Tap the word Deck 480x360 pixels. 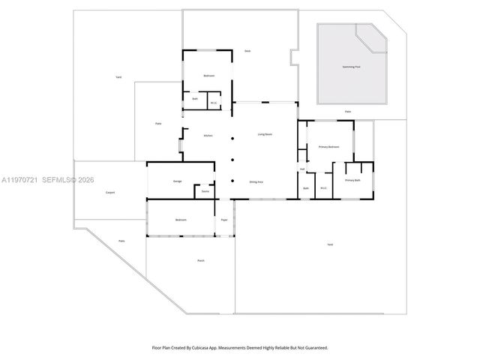click(247, 51)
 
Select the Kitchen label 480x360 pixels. click(208, 135)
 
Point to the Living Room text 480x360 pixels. click(265, 134)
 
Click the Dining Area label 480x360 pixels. click(256, 181)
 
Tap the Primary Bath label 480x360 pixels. click(352, 181)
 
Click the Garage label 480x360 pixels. click(178, 181)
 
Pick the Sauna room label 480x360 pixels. click(205, 192)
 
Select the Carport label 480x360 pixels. click(109, 193)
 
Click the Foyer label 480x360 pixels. click(223, 220)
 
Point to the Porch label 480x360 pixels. click(201, 260)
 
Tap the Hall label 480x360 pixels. click(302, 169)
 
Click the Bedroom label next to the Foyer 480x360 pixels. click(181, 220)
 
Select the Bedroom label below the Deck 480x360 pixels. click(209, 76)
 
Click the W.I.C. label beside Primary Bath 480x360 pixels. click(323, 187)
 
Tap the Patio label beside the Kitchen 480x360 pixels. click(158, 123)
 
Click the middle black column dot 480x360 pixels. click(232, 159)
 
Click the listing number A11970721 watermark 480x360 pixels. click(19, 180)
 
